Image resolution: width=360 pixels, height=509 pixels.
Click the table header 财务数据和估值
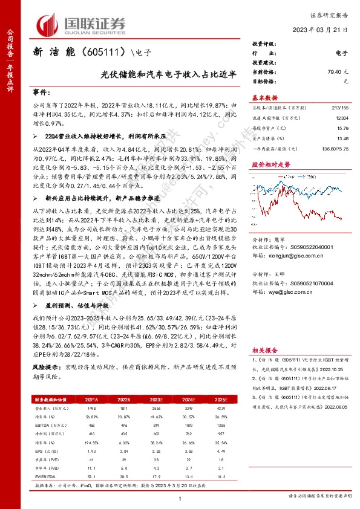point(54,400)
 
